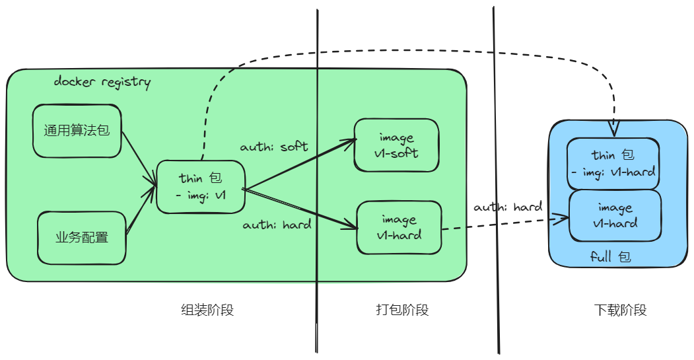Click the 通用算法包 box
(77, 130)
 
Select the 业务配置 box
(82, 237)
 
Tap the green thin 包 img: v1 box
(201, 187)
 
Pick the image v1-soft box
(397, 145)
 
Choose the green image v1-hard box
(399, 227)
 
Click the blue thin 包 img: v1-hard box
(613, 163)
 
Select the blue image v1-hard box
(615, 215)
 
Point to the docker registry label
(102, 83)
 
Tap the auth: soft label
(274, 146)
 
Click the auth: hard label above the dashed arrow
(508, 207)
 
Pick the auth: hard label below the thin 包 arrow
(277, 225)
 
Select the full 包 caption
(611, 256)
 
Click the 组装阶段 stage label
(207, 310)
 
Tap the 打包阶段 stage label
(402, 310)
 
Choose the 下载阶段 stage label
(619, 310)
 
